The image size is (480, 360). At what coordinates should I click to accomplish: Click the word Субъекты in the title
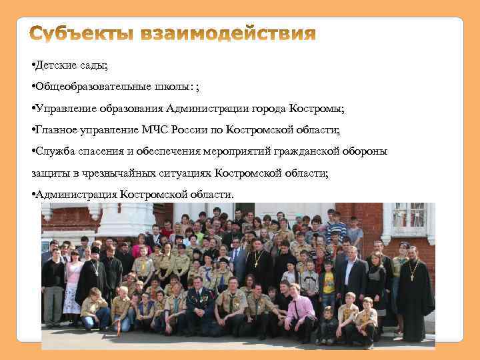81,34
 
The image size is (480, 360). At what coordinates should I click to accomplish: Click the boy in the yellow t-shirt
328,283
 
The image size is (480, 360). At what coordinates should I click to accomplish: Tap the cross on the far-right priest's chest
414,274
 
